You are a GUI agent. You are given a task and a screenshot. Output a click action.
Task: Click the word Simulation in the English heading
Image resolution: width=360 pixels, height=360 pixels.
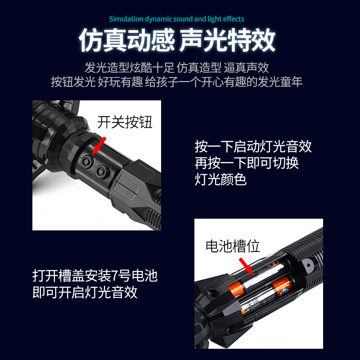click(x=126, y=19)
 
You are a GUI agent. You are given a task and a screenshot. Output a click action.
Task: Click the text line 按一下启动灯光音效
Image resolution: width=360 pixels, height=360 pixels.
click(x=253, y=147)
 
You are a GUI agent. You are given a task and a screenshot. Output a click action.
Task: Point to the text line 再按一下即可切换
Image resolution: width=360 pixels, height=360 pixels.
click(x=247, y=163)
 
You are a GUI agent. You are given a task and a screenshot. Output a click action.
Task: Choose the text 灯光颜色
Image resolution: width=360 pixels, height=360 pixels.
click(x=220, y=179)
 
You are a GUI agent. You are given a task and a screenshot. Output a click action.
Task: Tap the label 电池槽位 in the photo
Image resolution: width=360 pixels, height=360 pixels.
click(x=233, y=246)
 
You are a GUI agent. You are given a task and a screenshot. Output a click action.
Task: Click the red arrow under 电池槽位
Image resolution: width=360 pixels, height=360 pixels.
click(x=245, y=265)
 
